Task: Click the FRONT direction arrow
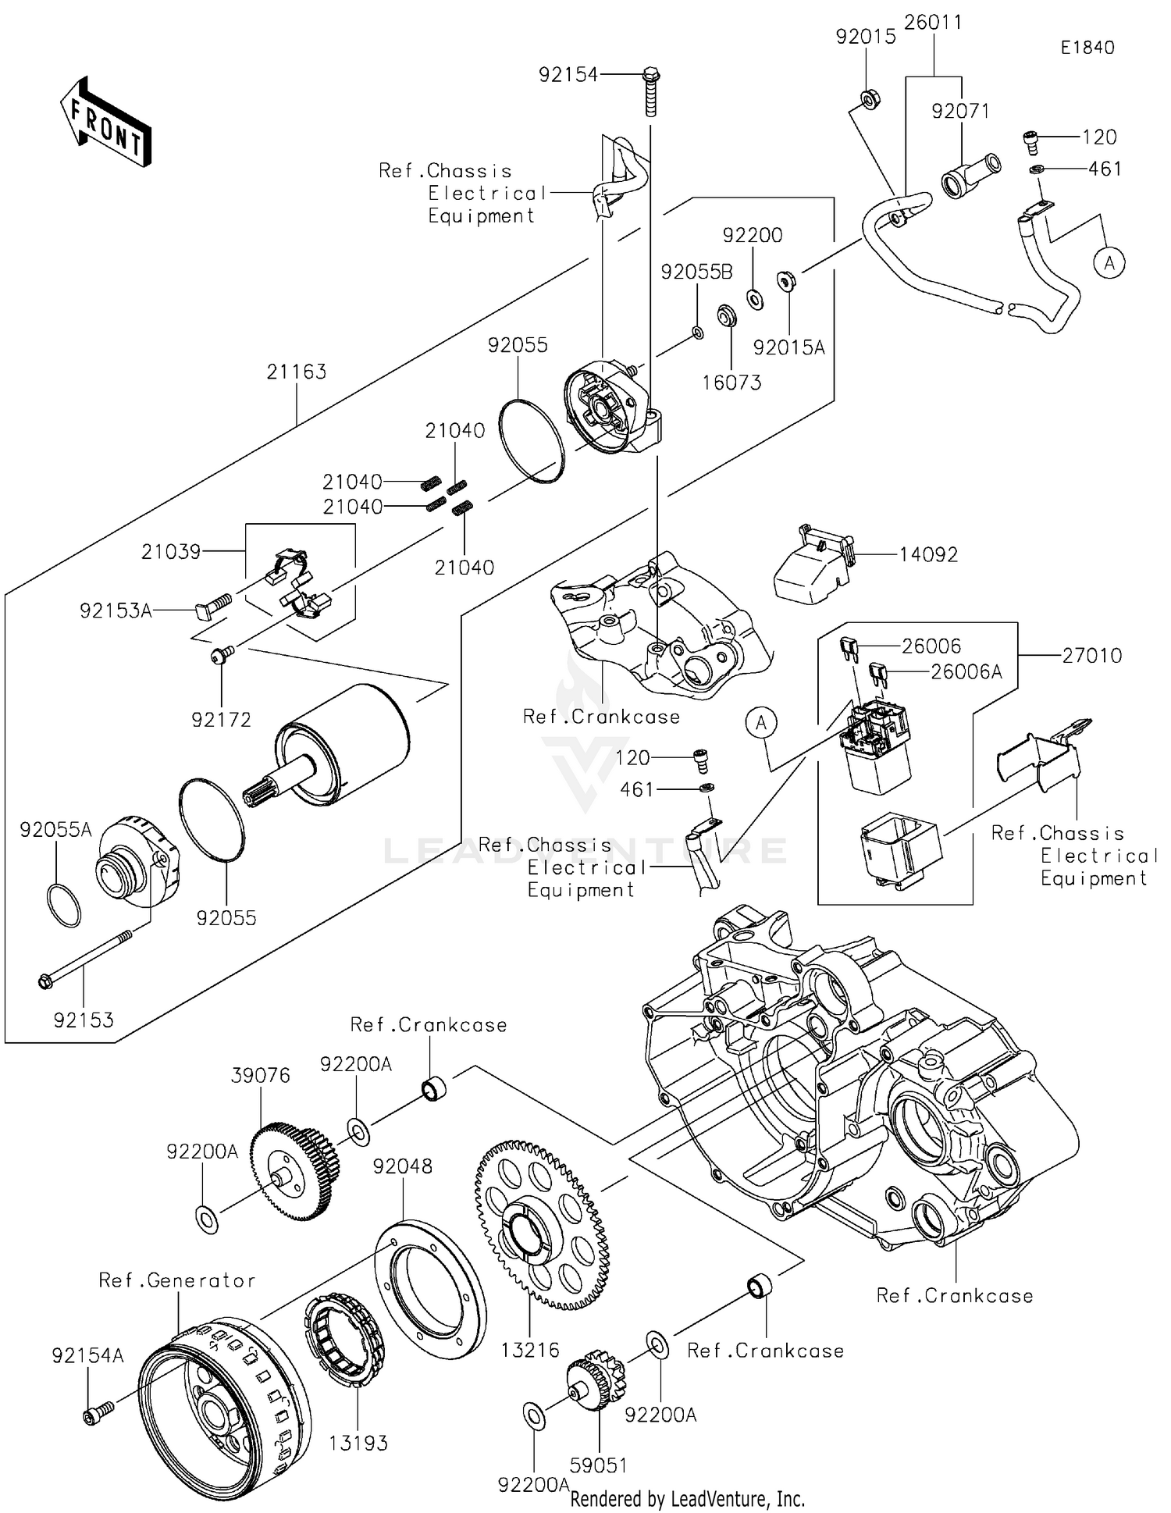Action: coord(105,122)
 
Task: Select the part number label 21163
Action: coord(296,372)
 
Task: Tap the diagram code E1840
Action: coord(1087,48)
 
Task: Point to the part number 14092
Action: coord(928,555)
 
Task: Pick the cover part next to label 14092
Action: coord(812,567)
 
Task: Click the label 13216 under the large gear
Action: coord(530,1349)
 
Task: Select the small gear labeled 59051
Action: coord(595,1385)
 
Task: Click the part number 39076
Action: coord(260,1075)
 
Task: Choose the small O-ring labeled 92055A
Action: coord(64,905)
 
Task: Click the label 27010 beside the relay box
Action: coord(1091,656)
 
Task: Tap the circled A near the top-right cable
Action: coord(1109,263)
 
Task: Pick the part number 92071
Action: coord(959,112)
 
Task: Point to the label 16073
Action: coord(731,383)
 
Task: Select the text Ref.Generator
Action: coord(176,1280)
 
